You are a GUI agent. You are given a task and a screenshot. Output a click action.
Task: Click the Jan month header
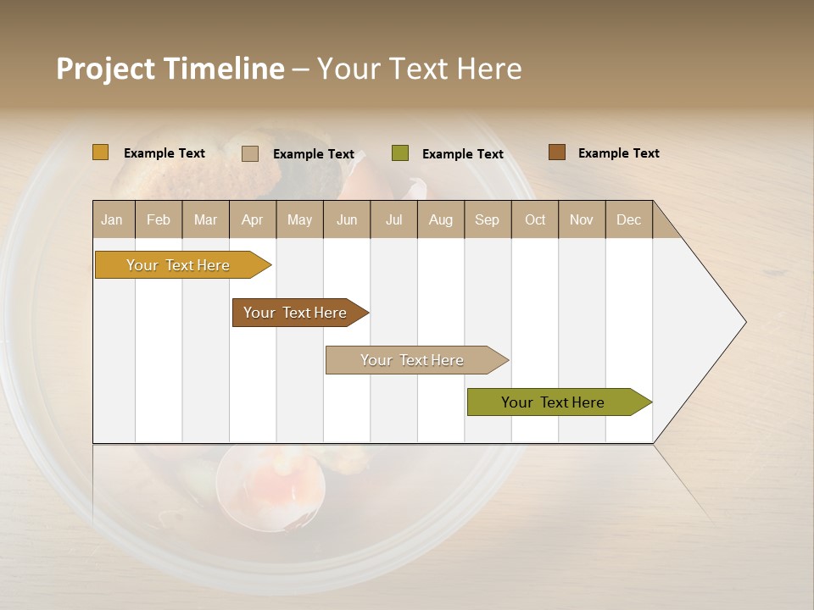113,219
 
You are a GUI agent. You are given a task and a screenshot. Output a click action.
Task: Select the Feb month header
159,219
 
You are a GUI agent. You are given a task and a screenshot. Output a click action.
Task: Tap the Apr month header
253,219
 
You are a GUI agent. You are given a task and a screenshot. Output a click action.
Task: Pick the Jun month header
347,219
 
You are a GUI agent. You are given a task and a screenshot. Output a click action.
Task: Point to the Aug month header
441,219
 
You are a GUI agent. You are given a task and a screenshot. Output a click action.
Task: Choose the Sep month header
488,219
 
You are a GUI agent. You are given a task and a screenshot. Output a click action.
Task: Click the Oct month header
535,219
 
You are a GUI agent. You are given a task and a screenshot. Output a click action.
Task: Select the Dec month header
629,219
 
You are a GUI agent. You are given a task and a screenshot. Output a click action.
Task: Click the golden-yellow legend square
101,152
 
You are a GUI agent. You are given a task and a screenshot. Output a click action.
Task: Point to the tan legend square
250,153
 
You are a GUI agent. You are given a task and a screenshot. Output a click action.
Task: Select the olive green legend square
400,153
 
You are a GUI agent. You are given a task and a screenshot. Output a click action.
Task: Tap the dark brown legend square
557,152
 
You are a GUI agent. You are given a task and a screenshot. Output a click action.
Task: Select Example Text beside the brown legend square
618,153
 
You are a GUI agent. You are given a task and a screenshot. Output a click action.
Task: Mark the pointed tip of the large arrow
744,322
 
